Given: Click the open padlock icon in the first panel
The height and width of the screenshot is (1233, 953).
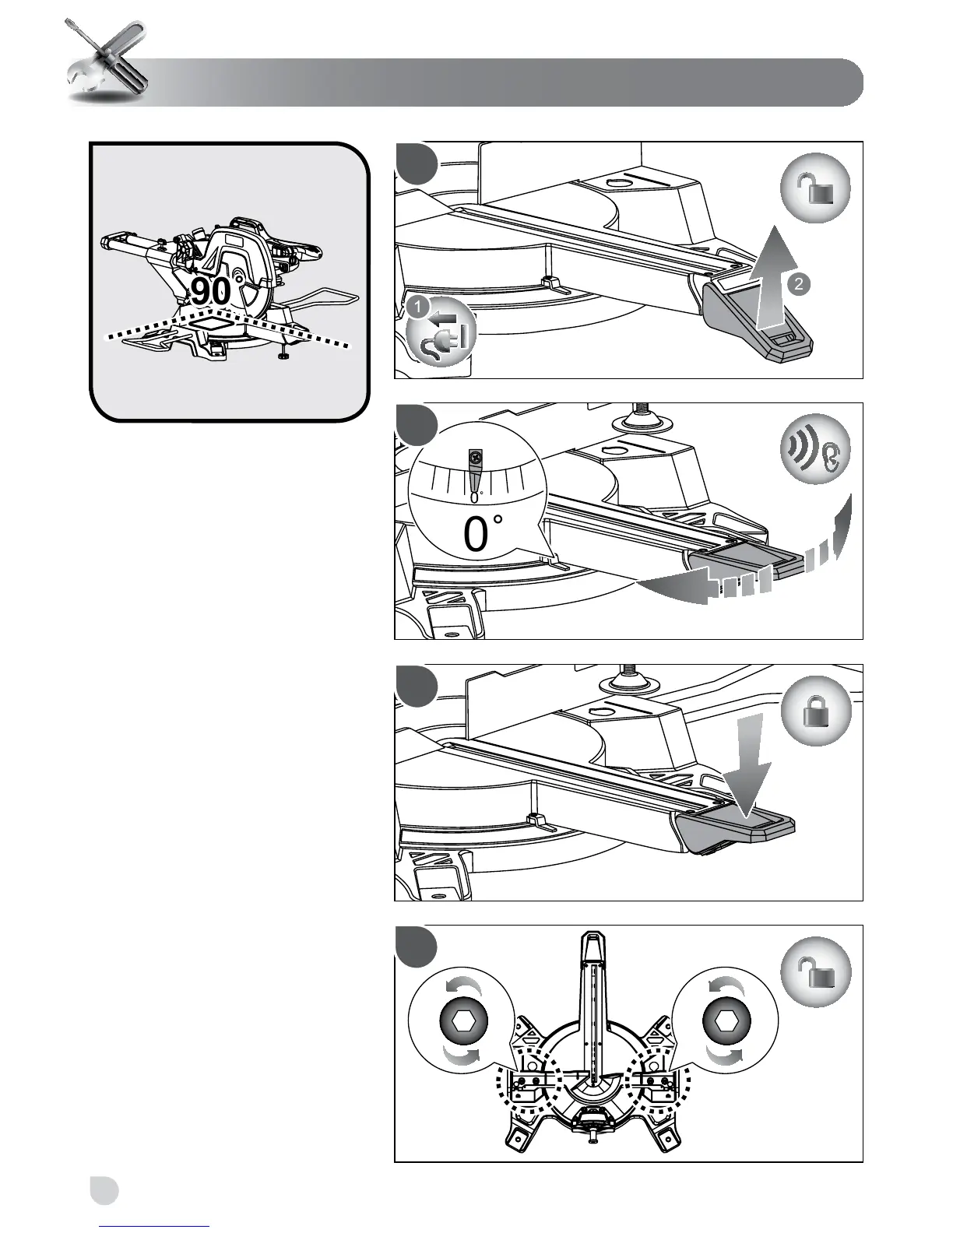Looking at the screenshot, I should [x=815, y=189].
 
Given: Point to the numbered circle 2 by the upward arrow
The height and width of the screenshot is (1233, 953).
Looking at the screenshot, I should [x=797, y=285].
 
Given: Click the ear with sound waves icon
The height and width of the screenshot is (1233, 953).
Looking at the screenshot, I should [x=815, y=450].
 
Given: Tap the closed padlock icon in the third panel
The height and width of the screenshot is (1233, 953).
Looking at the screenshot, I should [x=815, y=711].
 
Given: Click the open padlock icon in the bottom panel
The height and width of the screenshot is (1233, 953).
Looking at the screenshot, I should [x=815, y=973].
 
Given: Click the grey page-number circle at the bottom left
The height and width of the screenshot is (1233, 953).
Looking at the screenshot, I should [x=104, y=1189].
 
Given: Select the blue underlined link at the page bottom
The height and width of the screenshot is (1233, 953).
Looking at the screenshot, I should [x=156, y=1227].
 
